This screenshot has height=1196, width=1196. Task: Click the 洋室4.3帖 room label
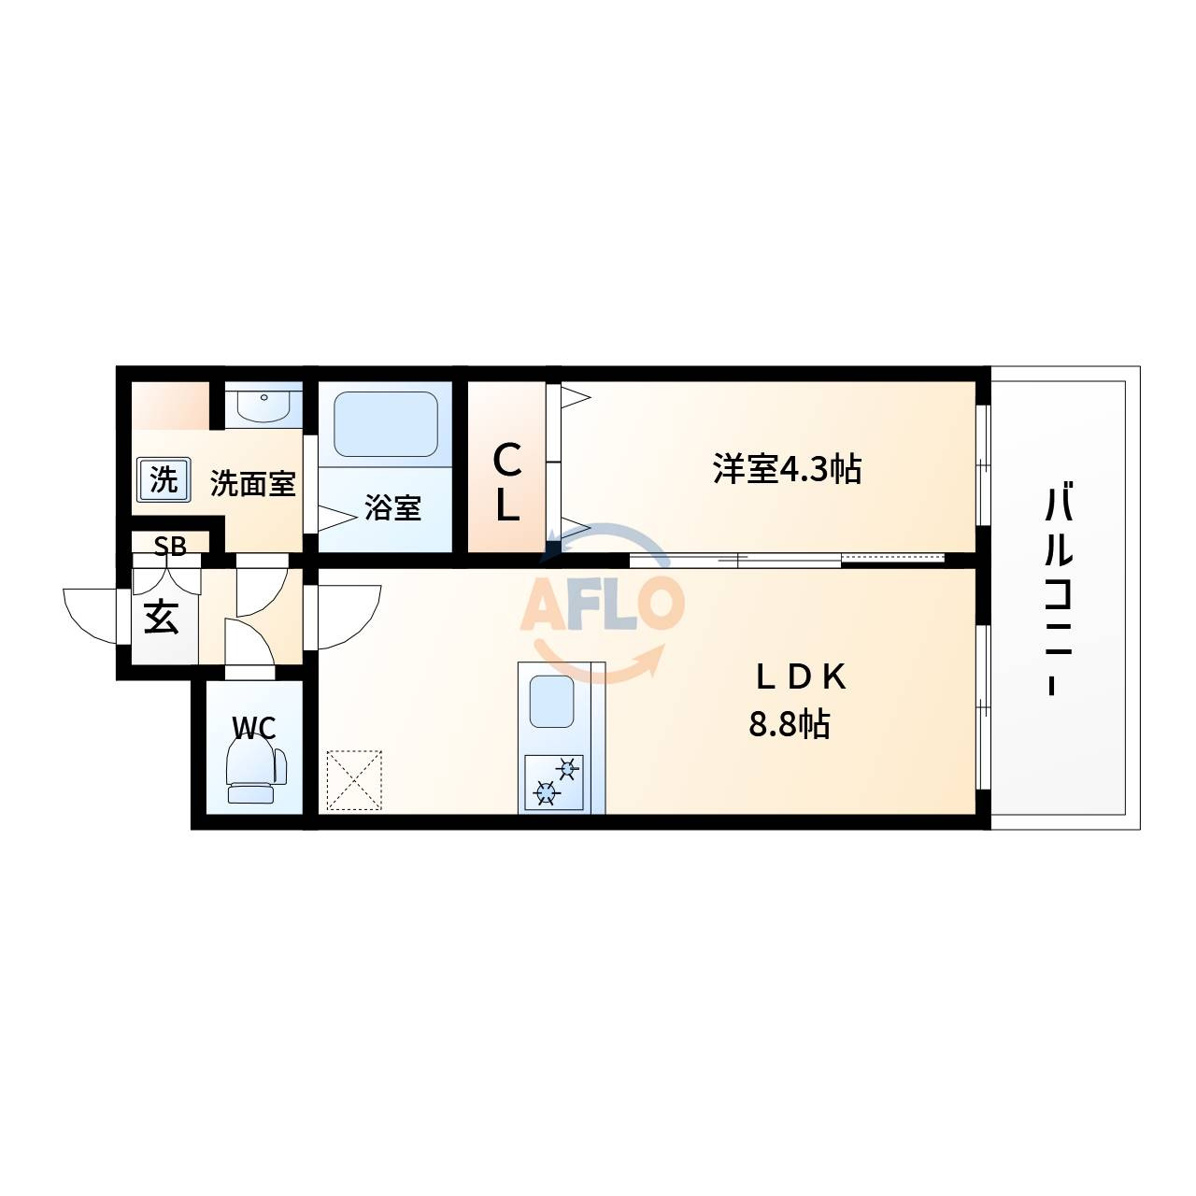787,469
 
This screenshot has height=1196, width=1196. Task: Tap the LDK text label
801,677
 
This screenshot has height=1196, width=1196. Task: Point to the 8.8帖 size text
789,724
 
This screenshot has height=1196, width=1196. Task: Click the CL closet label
506,483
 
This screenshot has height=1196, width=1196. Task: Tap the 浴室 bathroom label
392,507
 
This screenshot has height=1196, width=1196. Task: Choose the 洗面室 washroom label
252,483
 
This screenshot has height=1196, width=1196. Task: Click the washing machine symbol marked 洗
164,479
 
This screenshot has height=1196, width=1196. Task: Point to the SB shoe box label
170,547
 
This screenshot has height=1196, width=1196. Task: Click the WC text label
254,727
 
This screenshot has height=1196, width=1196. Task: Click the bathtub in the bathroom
385,424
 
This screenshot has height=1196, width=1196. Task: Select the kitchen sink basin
551,702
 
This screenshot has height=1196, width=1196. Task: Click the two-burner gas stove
554,782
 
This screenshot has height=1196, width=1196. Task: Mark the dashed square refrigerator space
354,780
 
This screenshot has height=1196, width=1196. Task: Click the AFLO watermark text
602,602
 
